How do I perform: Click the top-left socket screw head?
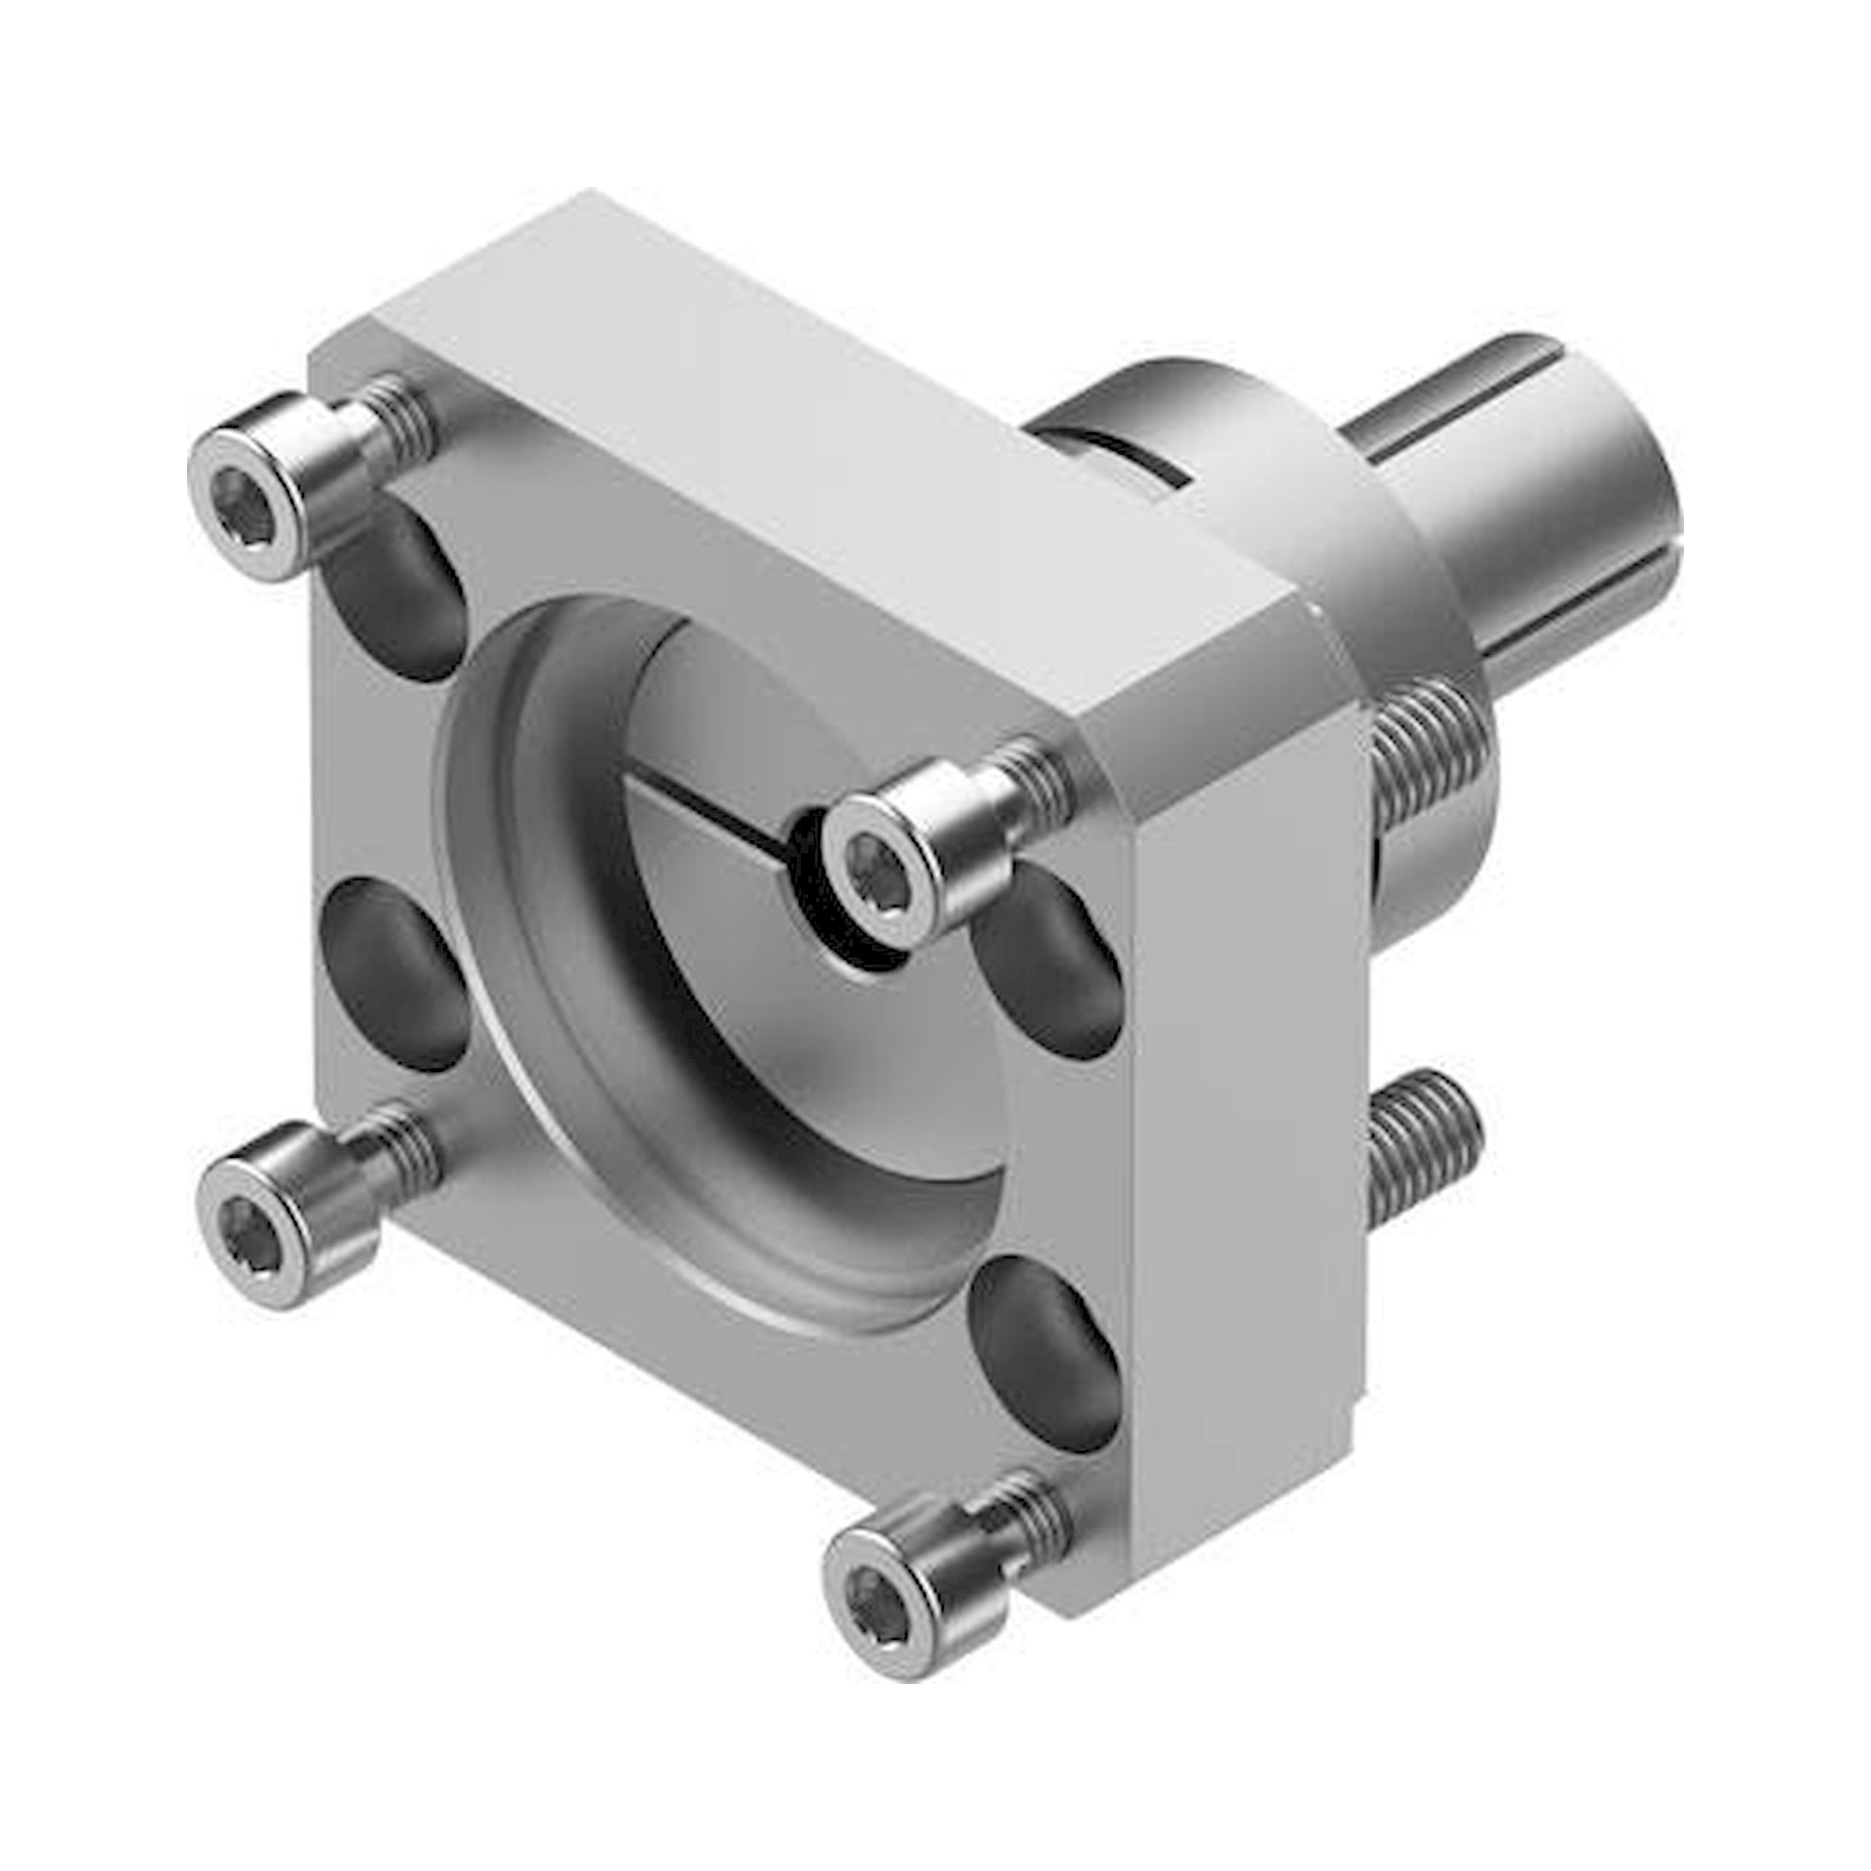(254, 503)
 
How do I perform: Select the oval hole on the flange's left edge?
(392, 973)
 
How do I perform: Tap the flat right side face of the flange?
(1249, 1113)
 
